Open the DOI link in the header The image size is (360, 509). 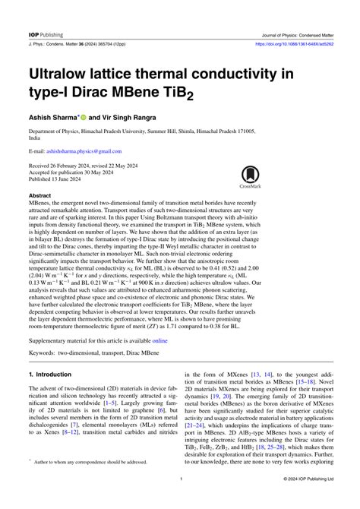coord(292,22)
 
